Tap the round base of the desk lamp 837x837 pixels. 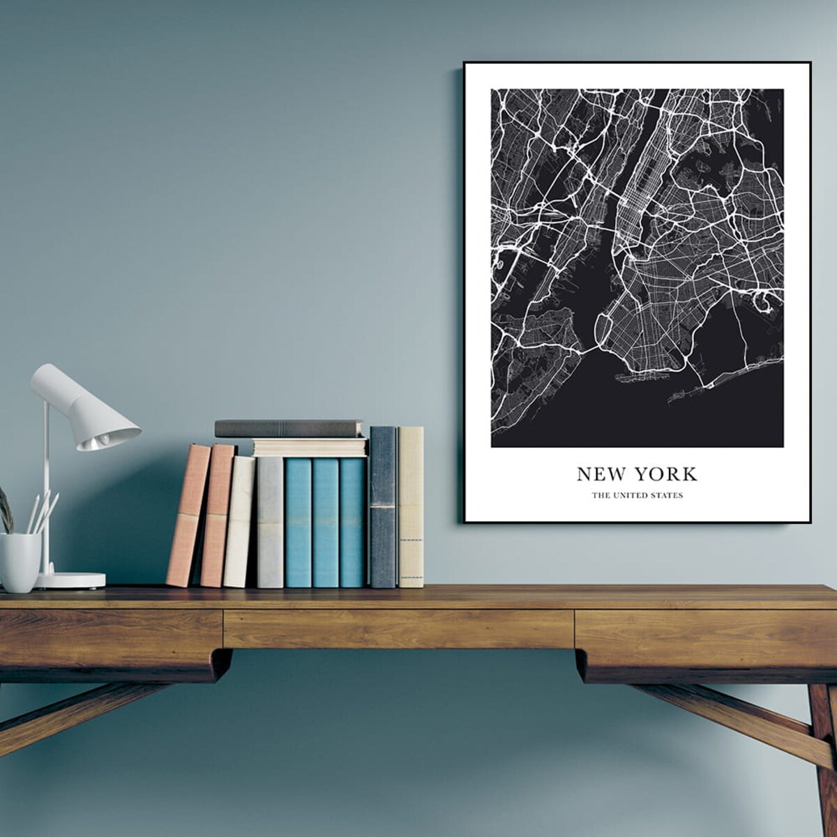[x=70, y=580]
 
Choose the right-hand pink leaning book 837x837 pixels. [x=217, y=516]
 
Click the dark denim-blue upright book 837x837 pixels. [x=382, y=507]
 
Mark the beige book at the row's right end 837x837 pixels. [x=411, y=507]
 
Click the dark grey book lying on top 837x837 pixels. [x=289, y=428]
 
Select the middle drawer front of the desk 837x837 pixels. [x=398, y=628]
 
